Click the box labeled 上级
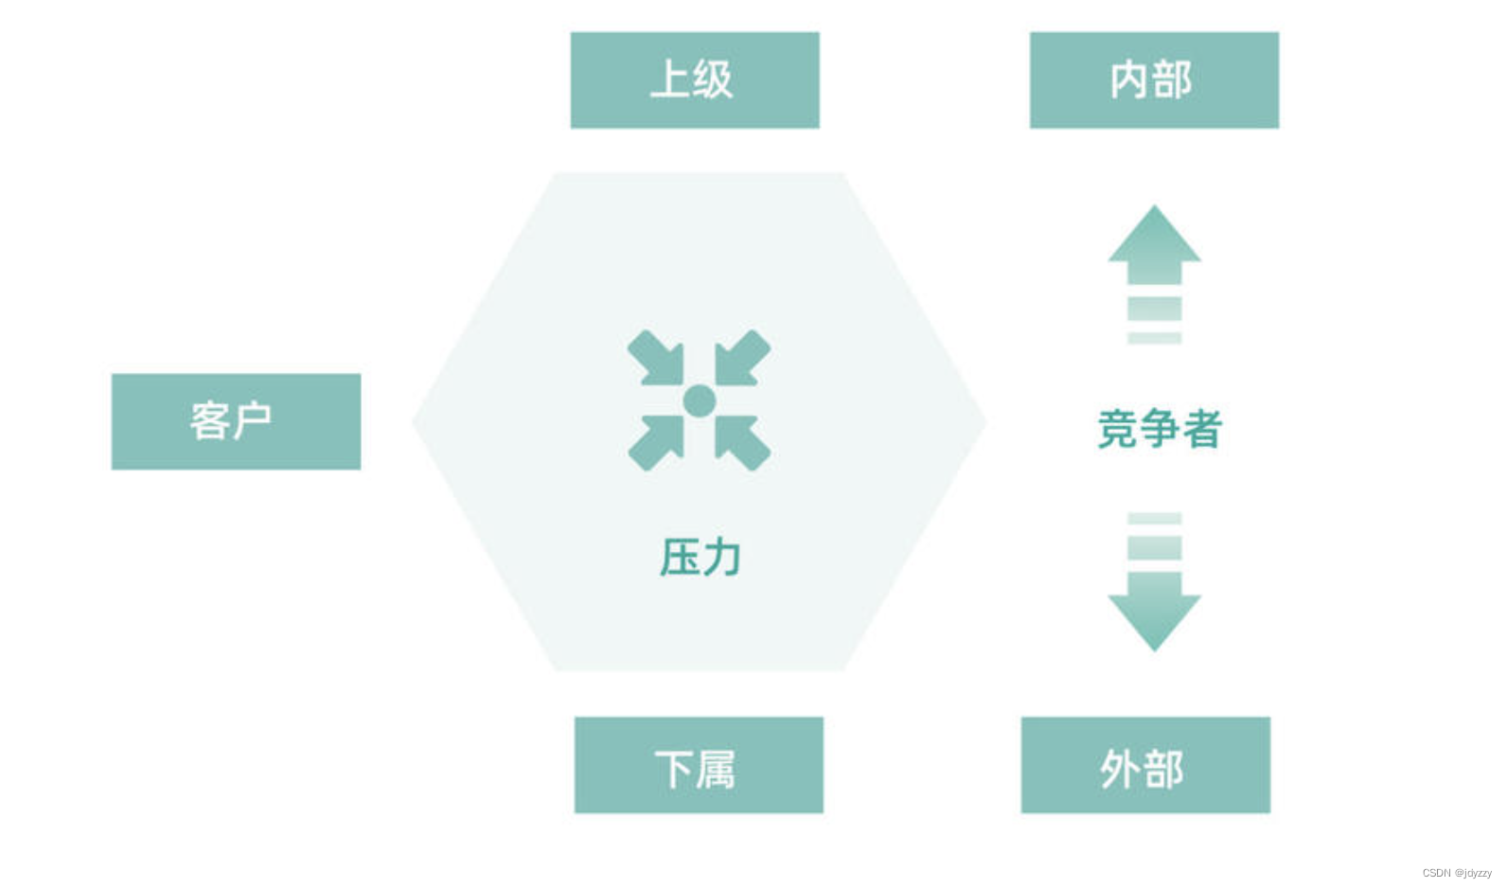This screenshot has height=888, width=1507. click(x=694, y=80)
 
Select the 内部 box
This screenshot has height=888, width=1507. click(x=1153, y=80)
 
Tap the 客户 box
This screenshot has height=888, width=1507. click(x=236, y=421)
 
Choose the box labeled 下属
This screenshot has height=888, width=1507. click(x=698, y=765)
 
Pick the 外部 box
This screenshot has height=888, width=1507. click(x=1144, y=765)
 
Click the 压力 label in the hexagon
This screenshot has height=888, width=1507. click(x=700, y=557)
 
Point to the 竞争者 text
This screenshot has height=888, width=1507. click(x=1159, y=429)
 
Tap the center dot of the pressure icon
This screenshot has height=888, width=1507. click(x=699, y=400)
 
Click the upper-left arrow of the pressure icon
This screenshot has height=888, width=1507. click(x=656, y=358)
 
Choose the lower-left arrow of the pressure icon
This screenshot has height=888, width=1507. click(x=656, y=442)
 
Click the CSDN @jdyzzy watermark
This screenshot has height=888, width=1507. click(x=1456, y=873)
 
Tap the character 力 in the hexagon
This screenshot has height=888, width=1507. click(x=721, y=557)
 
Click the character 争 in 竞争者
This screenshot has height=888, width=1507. click(x=1159, y=429)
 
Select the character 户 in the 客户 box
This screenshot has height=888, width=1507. click(x=253, y=421)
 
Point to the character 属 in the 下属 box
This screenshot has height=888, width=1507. click(x=717, y=769)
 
